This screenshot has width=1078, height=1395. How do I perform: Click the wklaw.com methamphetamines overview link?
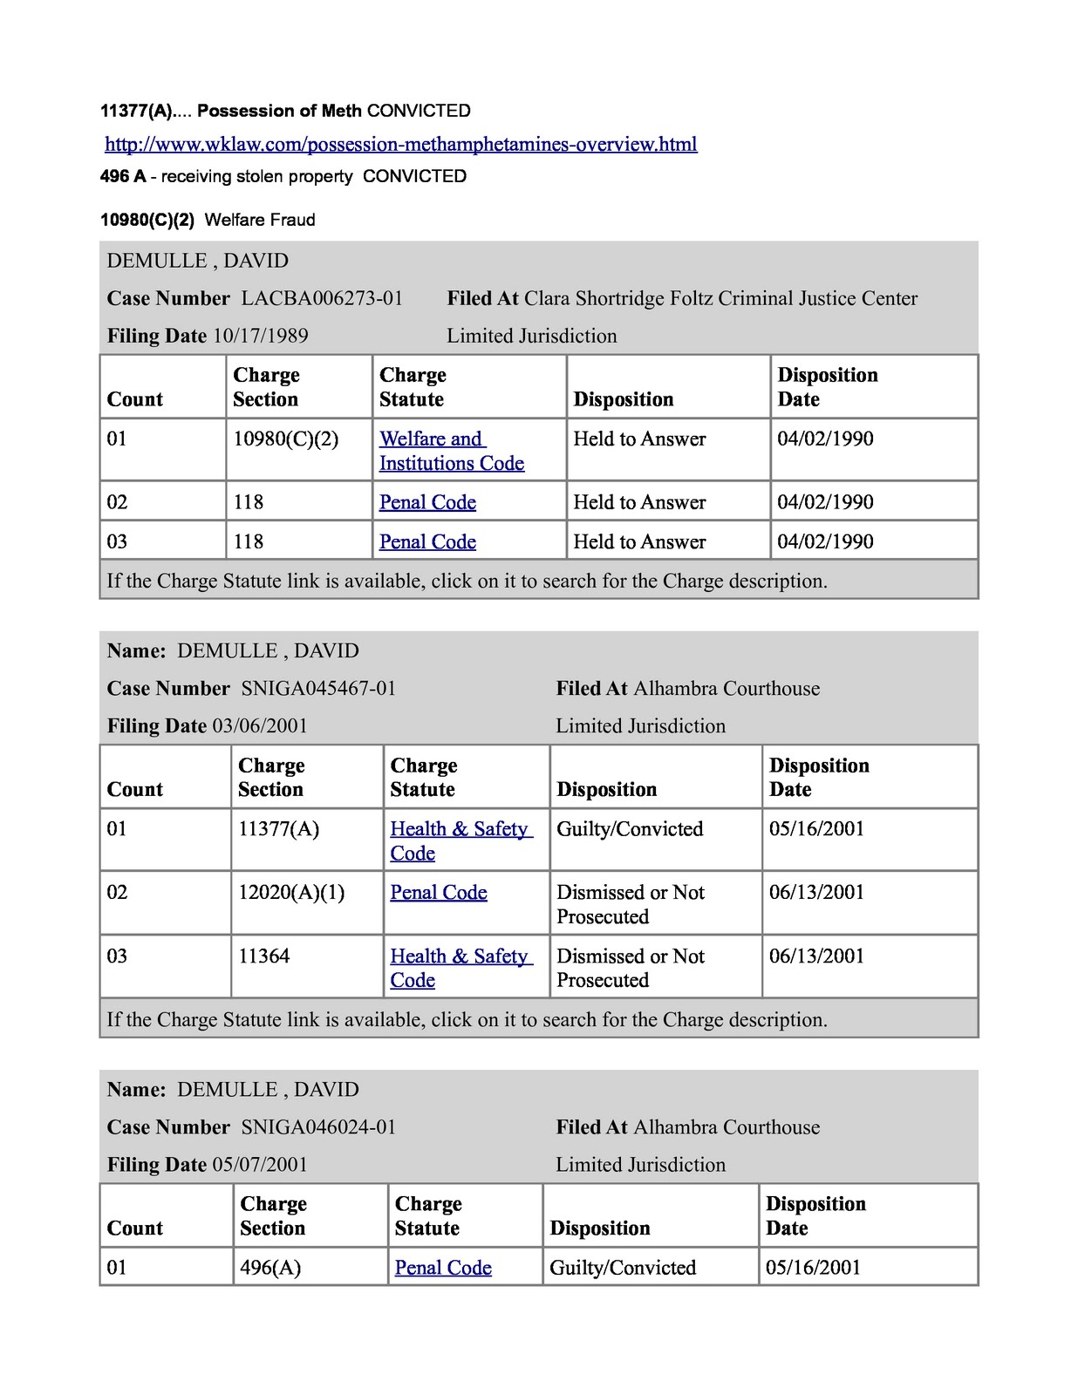400,145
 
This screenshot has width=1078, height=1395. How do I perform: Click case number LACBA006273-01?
322,299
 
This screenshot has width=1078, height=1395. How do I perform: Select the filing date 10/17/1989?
260,337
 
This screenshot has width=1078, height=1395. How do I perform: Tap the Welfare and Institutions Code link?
451,451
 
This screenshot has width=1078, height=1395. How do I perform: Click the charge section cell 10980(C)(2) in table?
285,439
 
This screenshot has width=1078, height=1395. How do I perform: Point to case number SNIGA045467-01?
318,689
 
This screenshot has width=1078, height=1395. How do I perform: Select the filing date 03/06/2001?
260,726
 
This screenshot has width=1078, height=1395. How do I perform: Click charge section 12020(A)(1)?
291,893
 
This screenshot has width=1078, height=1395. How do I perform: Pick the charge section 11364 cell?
263,956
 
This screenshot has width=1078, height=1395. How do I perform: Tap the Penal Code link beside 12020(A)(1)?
438,893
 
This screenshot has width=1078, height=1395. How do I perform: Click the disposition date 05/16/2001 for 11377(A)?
816,829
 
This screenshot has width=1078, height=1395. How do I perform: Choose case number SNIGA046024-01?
318,1127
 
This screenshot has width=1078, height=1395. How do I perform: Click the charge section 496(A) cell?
270,1268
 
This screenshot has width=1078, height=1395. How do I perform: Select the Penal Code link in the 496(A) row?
443,1268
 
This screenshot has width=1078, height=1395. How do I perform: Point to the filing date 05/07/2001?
260,1165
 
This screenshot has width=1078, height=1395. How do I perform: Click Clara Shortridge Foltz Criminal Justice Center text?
720,299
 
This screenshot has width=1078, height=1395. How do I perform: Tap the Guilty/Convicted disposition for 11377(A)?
630,829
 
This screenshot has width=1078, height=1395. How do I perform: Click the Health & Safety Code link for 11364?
459,968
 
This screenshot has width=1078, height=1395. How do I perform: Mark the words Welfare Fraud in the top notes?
260,220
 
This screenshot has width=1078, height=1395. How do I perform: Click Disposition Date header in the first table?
827,387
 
